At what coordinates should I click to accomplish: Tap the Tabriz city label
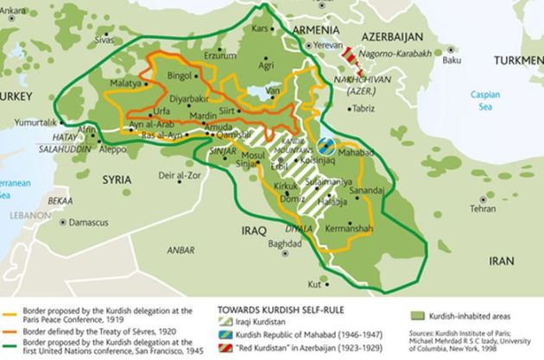click(x=364, y=110)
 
